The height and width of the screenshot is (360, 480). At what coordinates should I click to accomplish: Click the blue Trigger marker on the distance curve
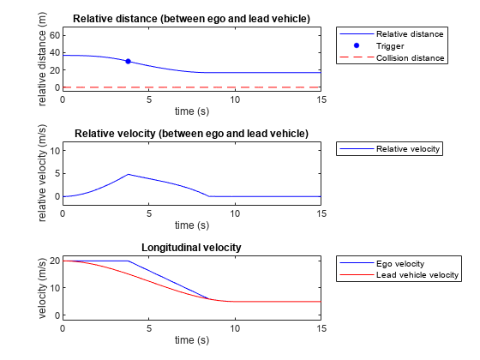(128, 61)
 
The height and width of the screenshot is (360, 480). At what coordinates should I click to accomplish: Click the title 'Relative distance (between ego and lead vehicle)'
(191, 19)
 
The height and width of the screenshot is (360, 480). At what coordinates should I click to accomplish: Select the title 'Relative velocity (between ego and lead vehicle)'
(191, 133)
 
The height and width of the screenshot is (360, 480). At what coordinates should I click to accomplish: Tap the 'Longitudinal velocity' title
(191, 247)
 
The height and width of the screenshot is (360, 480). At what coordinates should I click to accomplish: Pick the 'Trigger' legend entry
(391, 46)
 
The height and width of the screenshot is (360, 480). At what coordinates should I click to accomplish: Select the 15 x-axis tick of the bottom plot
(321, 327)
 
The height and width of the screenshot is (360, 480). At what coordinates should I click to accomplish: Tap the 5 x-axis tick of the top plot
(148, 99)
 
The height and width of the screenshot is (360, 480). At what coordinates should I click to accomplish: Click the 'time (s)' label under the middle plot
(191, 225)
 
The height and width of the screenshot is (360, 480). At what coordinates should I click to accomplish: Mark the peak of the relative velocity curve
(128, 175)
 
